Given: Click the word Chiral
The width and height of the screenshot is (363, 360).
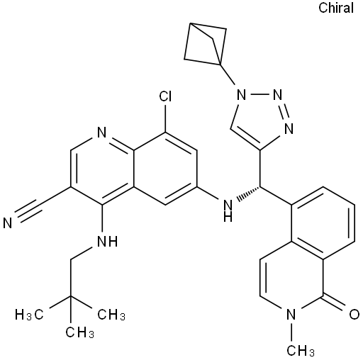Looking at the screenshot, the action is point(336,8).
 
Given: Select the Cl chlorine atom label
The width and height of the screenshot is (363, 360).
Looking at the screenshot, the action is point(165,96).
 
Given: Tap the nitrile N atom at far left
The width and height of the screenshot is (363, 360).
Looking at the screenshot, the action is point(8,223).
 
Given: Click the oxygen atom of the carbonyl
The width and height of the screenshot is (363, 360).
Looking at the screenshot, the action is point(354,315).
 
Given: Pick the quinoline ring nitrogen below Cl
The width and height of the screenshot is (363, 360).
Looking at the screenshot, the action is point(102,133).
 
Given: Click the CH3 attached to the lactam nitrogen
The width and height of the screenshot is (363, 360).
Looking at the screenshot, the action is point(301,350).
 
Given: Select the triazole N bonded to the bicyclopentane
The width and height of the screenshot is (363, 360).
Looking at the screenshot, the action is point(241,96).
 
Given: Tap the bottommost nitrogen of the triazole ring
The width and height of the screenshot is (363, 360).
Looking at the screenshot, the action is point(289,129).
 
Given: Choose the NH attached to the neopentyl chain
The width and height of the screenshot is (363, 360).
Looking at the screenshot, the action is point(107,241).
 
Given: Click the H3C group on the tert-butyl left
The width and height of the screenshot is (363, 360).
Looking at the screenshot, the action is point(29,315).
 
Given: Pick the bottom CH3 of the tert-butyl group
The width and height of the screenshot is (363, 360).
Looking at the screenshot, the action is point(79,332).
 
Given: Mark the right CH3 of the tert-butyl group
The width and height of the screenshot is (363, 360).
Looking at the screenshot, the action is point(111,315).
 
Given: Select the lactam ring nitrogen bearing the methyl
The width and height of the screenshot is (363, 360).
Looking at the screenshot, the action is point(291,315).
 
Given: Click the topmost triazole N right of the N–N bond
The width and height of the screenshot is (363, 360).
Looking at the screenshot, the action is point(277,96).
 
